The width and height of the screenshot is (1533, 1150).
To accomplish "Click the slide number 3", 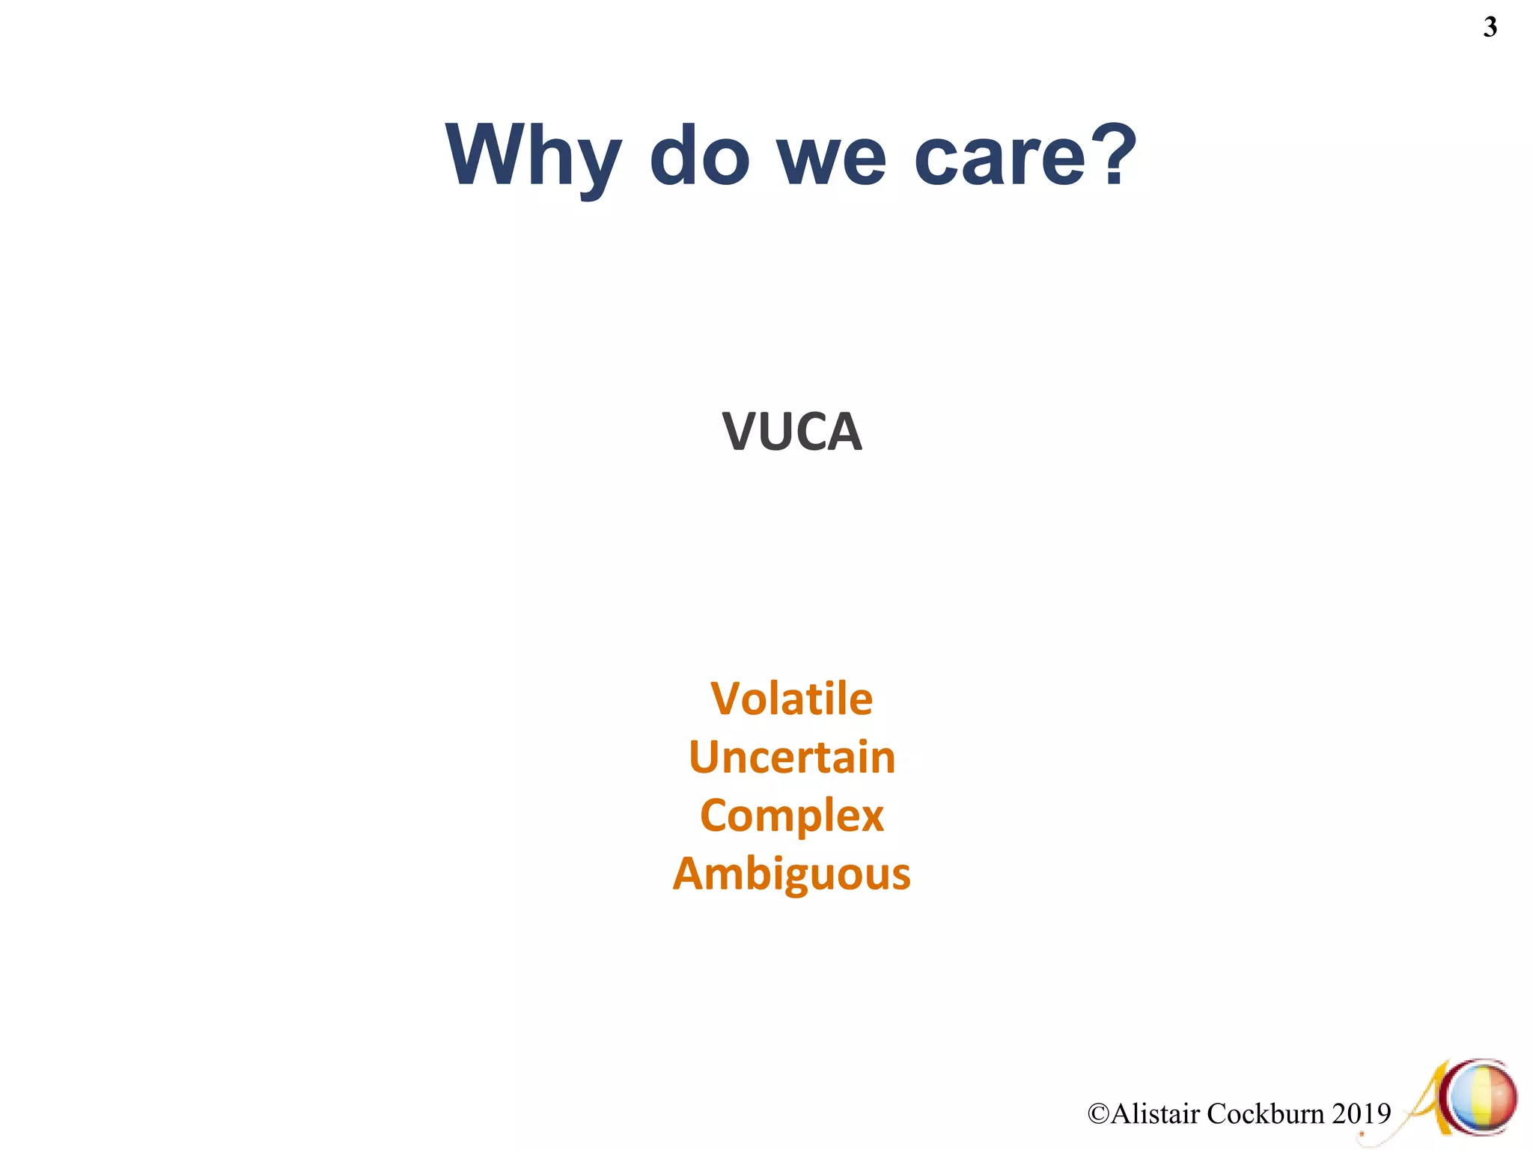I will pos(1490,28).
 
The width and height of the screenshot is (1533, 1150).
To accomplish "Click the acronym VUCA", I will pos(792,432).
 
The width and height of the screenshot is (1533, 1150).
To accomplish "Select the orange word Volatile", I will pos(791,699).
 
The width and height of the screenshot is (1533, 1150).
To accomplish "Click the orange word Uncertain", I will pos(791,757).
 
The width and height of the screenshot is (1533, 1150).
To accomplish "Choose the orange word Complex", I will pos(791,816).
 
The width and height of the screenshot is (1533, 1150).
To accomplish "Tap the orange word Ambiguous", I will pos(791,874).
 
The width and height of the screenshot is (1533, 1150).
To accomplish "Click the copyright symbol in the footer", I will pos(1098,1114).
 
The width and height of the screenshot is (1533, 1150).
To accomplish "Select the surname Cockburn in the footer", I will pos(1266,1114).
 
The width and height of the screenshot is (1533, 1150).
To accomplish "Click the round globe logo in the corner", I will pos(1481,1098).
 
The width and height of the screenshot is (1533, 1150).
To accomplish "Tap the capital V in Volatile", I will pos(726,699).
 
